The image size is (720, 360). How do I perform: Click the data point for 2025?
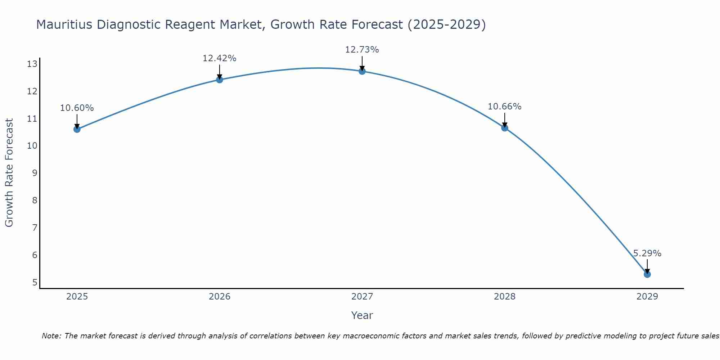(77, 129)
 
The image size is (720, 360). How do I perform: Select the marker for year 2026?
(220, 80)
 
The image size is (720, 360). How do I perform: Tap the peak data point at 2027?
(362, 71)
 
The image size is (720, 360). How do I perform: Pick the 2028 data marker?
(505, 128)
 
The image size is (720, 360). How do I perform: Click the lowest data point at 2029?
(647, 274)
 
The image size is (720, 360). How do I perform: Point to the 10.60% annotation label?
(77, 108)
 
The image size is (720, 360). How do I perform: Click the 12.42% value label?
(219, 58)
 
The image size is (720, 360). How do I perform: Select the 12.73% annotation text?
(362, 50)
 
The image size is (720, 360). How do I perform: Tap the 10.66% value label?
(504, 107)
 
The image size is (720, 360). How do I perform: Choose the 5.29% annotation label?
(647, 253)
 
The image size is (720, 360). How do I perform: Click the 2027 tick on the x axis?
(362, 297)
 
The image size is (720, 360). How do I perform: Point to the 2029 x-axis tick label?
(647, 297)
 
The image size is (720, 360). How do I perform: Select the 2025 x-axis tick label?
(77, 297)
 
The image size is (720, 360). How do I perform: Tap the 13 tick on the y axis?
(32, 64)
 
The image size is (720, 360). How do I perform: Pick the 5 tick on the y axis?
(35, 282)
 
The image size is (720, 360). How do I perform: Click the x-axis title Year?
(362, 315)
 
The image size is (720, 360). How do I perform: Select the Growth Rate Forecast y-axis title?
(9, 173)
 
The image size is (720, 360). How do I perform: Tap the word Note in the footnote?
(51, 336)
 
